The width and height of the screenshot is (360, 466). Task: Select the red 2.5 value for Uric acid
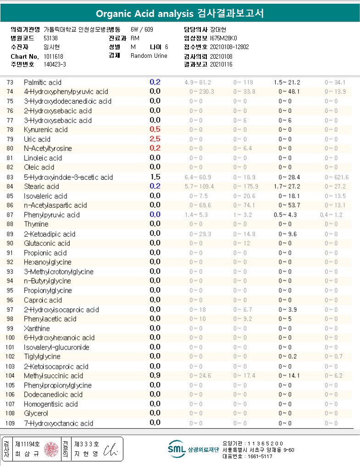[x=155, y=139]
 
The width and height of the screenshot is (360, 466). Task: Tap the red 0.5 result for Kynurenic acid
[x=155, y=129]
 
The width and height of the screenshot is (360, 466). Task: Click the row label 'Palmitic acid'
[x=43, y=83]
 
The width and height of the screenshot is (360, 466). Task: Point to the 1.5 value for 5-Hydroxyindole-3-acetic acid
[x=155, y=177]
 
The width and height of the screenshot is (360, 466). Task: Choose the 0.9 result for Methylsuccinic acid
[x=155, y=375]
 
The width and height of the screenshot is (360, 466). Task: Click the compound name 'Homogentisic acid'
[x=51, y=404]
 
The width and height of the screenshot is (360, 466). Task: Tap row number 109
[x=10, y=423]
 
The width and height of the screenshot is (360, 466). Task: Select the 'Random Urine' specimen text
[x=149, y=56]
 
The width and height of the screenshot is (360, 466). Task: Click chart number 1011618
[x=53, y=56]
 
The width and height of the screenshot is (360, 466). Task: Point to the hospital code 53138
[x=50, y=39]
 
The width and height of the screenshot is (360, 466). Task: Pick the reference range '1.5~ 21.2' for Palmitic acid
[x=287, y=83]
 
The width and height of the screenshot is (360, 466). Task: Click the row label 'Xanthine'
[x=37, y=328]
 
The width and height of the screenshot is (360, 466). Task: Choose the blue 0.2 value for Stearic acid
[x=155, y=186]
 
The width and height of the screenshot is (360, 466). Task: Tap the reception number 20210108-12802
[x=229, y=47]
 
